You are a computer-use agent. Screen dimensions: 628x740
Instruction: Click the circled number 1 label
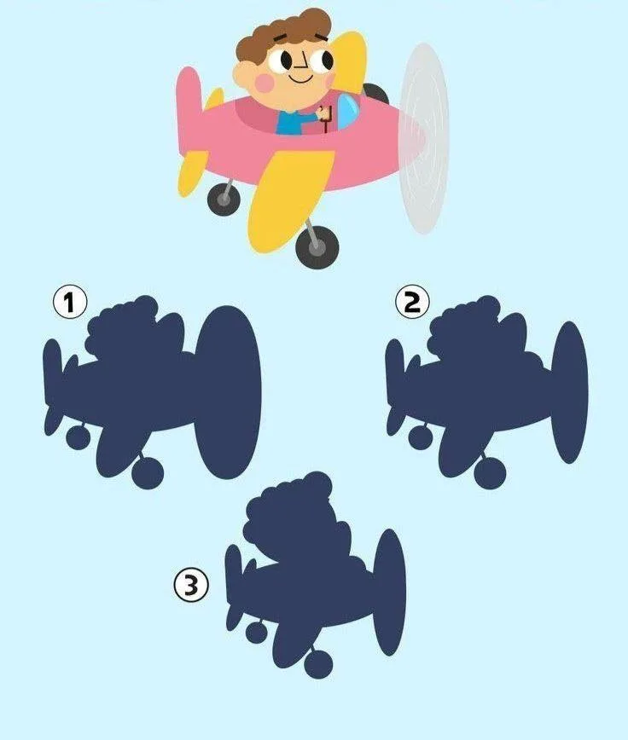point(70,303)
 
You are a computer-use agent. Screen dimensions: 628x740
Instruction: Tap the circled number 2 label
point(412,302)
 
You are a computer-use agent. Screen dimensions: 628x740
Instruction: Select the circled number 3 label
point(191,585)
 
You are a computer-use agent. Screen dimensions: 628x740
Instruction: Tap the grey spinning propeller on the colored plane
point(423,138)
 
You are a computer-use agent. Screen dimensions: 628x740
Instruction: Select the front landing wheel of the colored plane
point(317,247)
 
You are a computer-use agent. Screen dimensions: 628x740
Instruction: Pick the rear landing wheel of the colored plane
point(224,199)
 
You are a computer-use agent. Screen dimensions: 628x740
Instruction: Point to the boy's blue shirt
point(293,123)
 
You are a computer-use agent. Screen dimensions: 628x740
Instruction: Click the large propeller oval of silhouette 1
point(228,391)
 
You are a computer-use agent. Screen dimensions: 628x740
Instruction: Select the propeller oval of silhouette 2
point(569,391)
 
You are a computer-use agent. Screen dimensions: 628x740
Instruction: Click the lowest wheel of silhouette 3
point(318,663)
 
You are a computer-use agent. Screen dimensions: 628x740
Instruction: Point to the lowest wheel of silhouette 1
point(148,472)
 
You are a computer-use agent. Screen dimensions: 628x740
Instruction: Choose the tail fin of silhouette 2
point(395,363)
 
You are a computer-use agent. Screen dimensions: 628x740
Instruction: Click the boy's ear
point(241,76)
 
